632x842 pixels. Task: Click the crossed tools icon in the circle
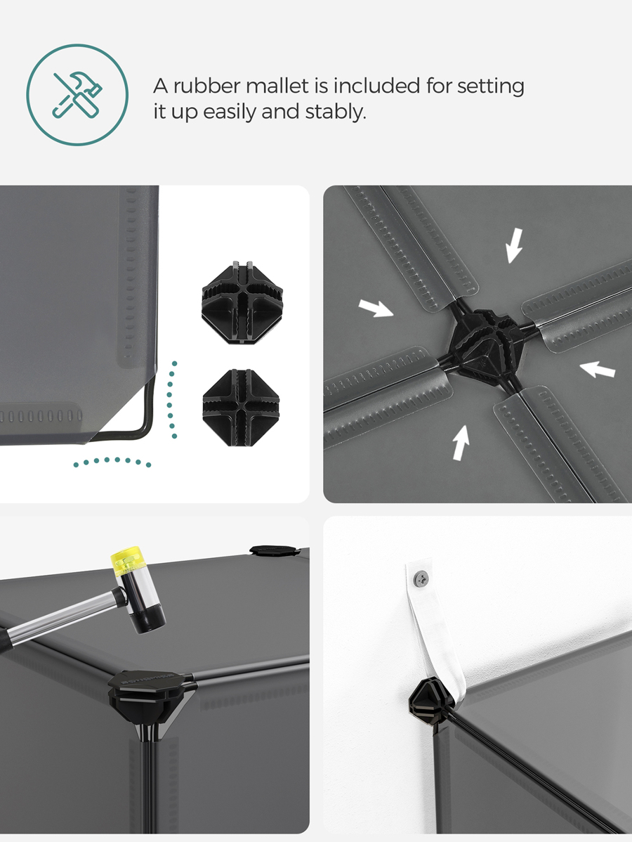(77, 94)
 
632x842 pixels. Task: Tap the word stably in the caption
(336, 112)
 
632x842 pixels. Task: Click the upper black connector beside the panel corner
(242, 302)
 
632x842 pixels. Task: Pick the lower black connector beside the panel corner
(242, 408)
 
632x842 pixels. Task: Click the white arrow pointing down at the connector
(515, 245)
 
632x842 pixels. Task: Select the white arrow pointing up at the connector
(461, 443)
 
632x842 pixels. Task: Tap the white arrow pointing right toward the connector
(376, 309)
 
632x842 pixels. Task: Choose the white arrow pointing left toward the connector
(597, 370)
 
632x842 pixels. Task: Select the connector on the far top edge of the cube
(272, 550)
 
